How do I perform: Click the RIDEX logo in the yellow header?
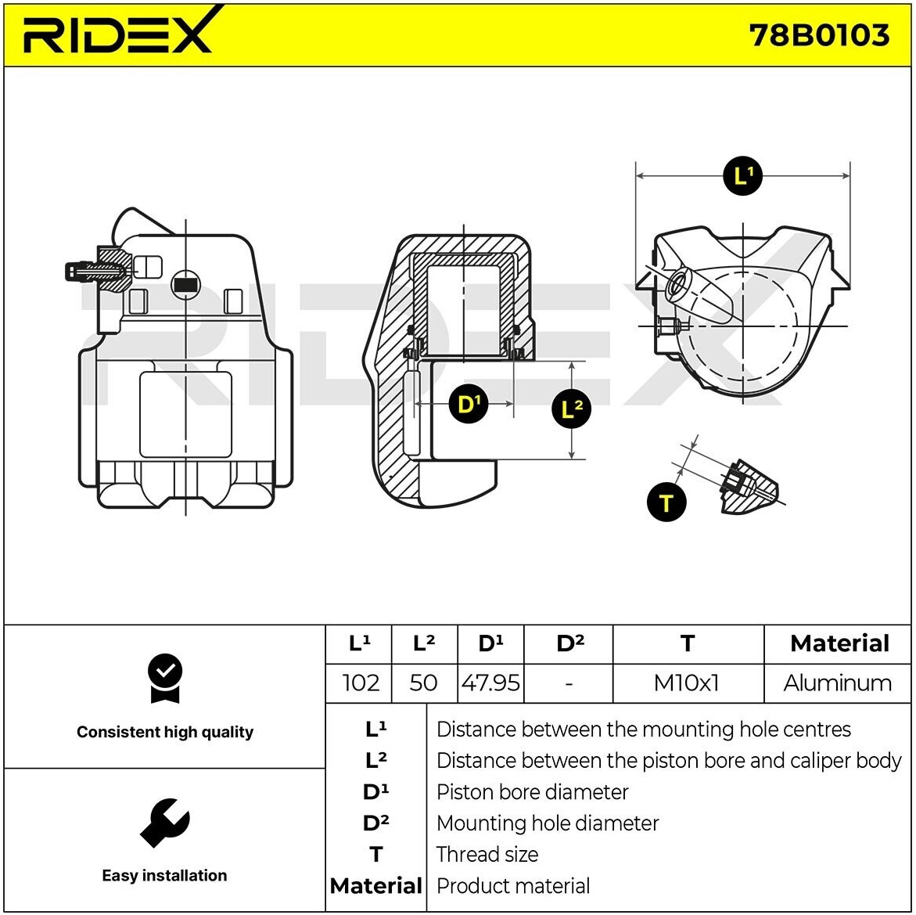point(117,33)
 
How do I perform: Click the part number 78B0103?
point(818,35)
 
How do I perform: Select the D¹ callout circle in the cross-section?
point(468,404)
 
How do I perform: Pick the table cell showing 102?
point(361,683)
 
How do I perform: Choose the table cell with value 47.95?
point(490,683)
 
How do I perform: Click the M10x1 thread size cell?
point(686,683)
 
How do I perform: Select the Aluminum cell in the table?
point(837,683)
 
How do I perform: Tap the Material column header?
point(839,643)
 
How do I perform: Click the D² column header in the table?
point(569,643)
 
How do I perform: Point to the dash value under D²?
point(569,683)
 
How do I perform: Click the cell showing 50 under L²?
point(423,683)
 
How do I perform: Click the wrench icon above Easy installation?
point(164,822)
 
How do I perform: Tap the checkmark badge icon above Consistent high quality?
point(164,678)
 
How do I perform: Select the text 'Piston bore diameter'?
point(532,792)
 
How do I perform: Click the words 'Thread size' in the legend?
point(487,854)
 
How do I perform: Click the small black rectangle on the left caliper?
point(185,286)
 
